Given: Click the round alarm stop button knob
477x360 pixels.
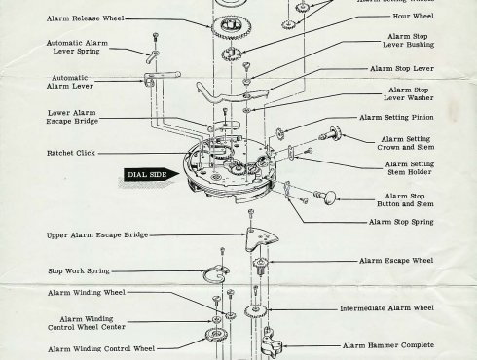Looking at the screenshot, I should click(326, 199).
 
